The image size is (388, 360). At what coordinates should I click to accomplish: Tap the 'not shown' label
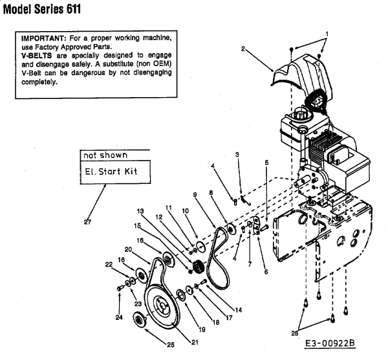104,155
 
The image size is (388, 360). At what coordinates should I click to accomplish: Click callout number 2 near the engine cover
243,49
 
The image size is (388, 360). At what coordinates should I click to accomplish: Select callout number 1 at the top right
327,33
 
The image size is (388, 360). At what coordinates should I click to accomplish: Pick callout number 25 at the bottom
171,344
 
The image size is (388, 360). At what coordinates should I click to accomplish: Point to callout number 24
119,317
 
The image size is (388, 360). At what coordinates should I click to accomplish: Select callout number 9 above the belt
194,194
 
